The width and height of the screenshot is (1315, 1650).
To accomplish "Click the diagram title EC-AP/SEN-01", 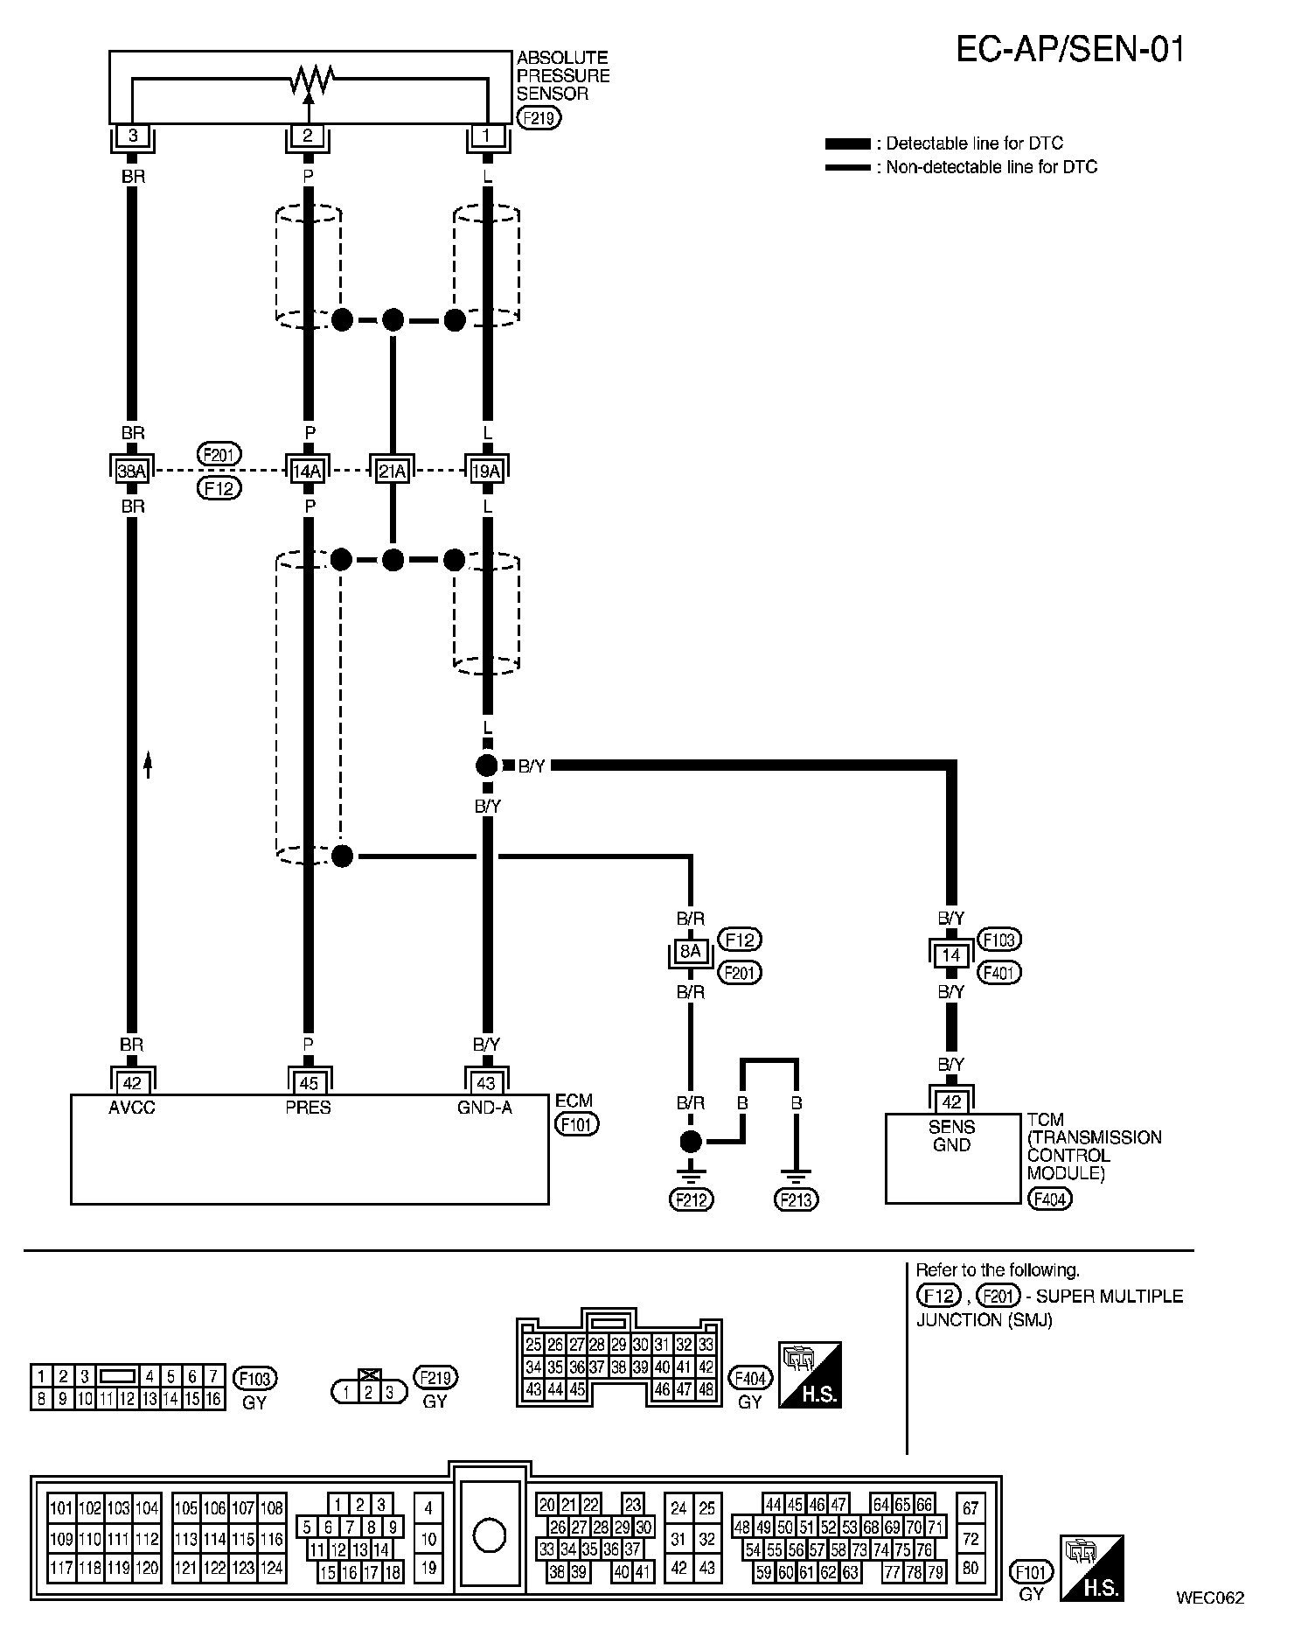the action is pyautogui.click(x=1071, y=50).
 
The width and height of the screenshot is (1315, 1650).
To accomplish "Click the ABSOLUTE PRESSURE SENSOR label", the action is pyautogui.click(x=563, y=76).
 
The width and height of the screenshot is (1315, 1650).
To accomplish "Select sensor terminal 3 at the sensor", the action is pyautogui.click(x=133, y=136).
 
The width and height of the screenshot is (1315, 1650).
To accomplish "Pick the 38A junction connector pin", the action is pyautogui.click(x=132, y=472).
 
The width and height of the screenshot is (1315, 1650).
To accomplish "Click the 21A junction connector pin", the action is pyautogui.click(x=393, y=472).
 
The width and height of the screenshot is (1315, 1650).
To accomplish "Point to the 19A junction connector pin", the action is pyautogui.click(x=486, y=472).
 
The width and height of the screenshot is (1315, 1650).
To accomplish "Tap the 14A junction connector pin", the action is pyautogui.click(x=307, y=472).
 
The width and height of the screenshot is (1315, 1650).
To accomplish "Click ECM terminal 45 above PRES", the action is pyautogui.click(x=308, y=1083).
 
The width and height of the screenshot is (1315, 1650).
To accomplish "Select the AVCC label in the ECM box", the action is pyautogui.click(x=132, y=1108).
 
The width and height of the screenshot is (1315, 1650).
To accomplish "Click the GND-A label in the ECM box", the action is pyautogui.click(x=484, y=1108).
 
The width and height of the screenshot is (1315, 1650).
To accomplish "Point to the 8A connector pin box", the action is pyautogui.click(x=691, y=951).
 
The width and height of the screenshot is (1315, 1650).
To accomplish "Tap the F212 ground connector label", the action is pyautogui.click(x=692, y=1199).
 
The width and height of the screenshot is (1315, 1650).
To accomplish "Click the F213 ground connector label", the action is pyautogui.click(x=797, y=1199).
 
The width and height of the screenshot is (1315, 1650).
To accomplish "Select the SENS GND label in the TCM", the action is pyautogui.click(x=951, y=1136).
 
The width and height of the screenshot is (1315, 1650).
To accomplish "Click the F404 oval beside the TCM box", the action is pyautogui.click(x=1049, y=1199).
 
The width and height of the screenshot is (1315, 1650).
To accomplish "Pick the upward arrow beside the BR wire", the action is pyautogui.click(x=148, y=764).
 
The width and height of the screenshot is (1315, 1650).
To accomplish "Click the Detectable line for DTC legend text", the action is pyautogui.click(x=974, y=143).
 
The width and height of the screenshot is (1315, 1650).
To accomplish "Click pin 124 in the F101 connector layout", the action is pyautogui.click(x=272, y=1568).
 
